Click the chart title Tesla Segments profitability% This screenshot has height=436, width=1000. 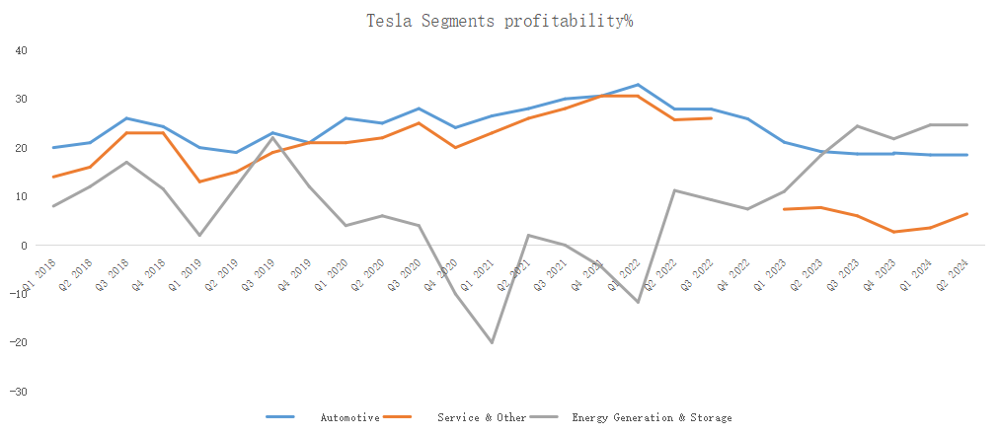pyautogui.click(x=499, y=21)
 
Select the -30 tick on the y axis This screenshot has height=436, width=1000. pyautogui.click(x=20, y=392)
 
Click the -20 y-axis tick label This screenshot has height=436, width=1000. pyautogui.click(x=20, y=343)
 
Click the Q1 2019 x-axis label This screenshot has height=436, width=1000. pyautogui.click(x=189, y=270)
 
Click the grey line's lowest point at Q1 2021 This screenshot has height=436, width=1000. pyautogui.click(x=492, y=342)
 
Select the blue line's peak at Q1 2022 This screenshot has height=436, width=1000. pyautogui.click(x=638, y=85)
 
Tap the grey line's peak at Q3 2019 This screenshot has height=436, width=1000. pyautogui.click(x=272, y=137)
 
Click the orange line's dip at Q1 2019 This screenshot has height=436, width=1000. pyautogui.click(x=199, y=182)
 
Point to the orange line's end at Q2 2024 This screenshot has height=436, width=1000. pyautogui.click(x=966, y=214)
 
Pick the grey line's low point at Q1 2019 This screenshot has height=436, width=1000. pyautogui.click(x=199, y=235)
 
